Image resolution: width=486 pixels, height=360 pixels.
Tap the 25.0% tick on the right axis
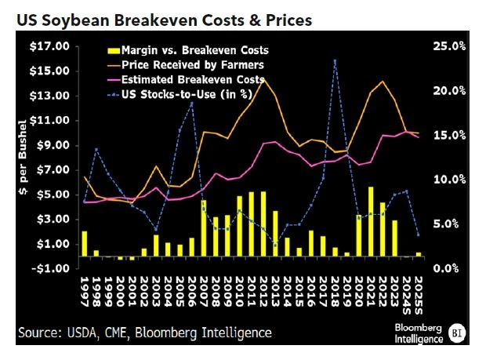point(449,46)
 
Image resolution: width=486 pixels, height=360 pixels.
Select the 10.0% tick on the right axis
point(449,180)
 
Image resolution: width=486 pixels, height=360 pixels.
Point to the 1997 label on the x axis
point(85,291)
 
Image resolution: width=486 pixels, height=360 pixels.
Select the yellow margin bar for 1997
point(85,244)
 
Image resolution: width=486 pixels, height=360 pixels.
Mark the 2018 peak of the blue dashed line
point(335,60)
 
